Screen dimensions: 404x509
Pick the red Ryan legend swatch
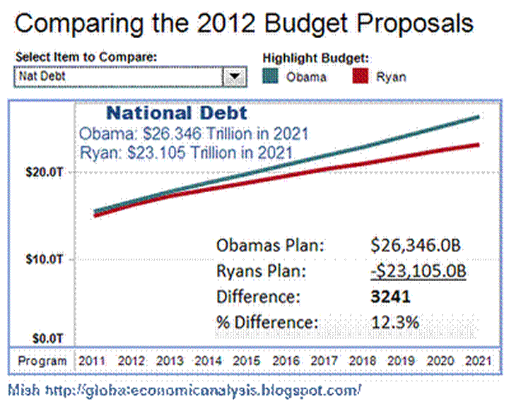[361, 76]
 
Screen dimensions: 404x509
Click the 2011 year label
[93, 361]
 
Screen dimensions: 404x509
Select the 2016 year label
[286, 361]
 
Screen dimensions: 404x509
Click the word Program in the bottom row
[42, 361]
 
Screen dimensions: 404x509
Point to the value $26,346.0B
[417, 246]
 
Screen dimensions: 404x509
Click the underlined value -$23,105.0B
[417, 272]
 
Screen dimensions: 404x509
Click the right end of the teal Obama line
[479, 117]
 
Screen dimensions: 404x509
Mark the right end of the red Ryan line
[479, 145]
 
